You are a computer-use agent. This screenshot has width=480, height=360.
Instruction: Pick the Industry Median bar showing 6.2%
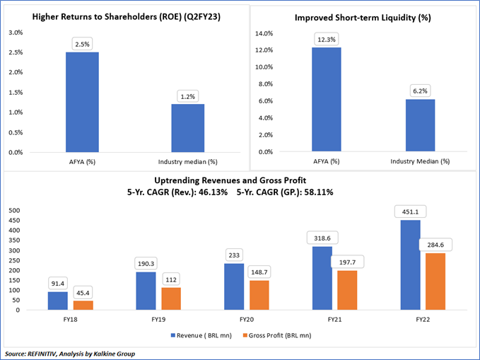point(419,125)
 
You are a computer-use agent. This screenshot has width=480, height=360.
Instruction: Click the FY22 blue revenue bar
point(410,265)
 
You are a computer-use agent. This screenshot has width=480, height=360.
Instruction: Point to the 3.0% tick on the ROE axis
point(16,33)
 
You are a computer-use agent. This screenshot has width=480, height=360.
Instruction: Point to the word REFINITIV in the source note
point(45,353)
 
